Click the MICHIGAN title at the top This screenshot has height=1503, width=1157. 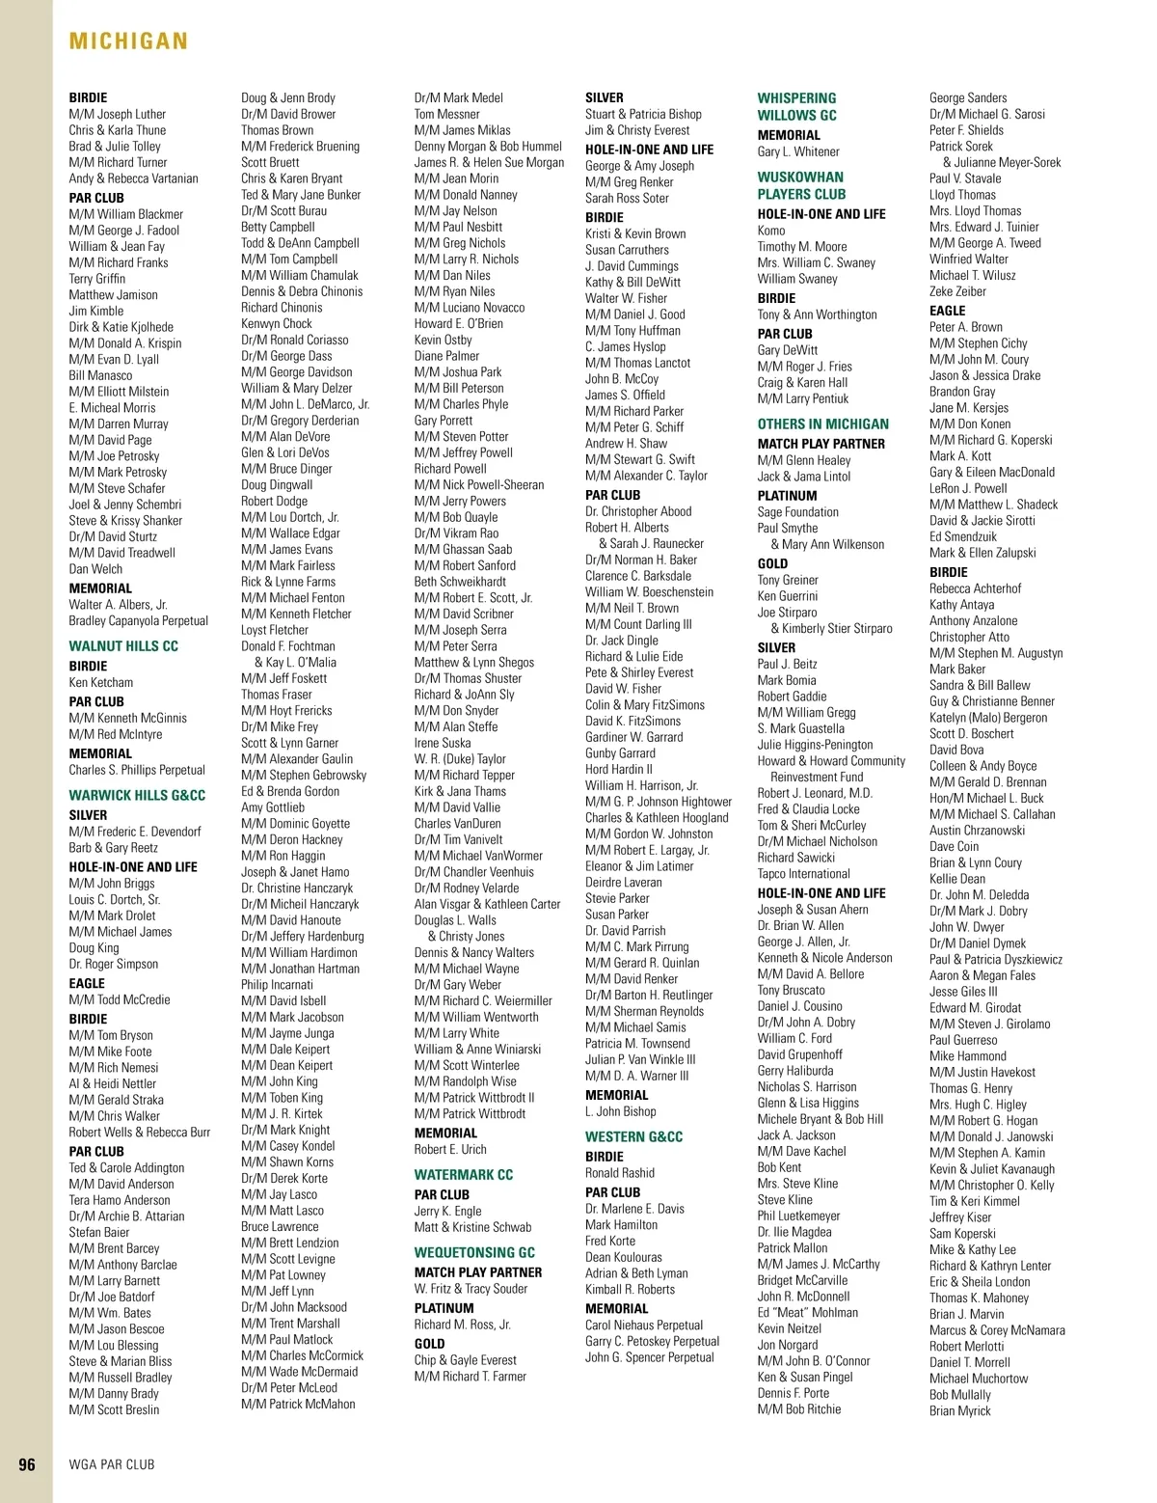128,41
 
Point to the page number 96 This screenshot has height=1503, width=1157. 27,1464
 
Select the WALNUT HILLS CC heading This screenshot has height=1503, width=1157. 123,646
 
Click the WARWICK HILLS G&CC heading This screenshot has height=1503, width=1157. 137,796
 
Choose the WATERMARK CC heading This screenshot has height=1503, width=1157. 464,1175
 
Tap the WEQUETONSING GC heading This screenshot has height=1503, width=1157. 474,1253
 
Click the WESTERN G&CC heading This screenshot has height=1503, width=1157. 633,1137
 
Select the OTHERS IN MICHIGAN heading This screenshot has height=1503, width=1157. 823,424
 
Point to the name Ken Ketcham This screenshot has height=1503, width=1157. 101,683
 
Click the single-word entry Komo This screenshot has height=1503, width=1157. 771,231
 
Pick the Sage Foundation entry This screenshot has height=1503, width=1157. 798,512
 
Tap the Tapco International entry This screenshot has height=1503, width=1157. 804,874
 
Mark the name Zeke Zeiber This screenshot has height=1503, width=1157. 957,291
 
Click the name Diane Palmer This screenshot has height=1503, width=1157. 446,356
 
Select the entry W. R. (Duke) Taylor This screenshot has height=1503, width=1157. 460,759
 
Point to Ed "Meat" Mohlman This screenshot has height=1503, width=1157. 808,1313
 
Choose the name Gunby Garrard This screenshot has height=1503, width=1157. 620,753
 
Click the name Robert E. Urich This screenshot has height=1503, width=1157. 450,1150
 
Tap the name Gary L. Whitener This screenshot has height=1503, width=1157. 798,152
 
